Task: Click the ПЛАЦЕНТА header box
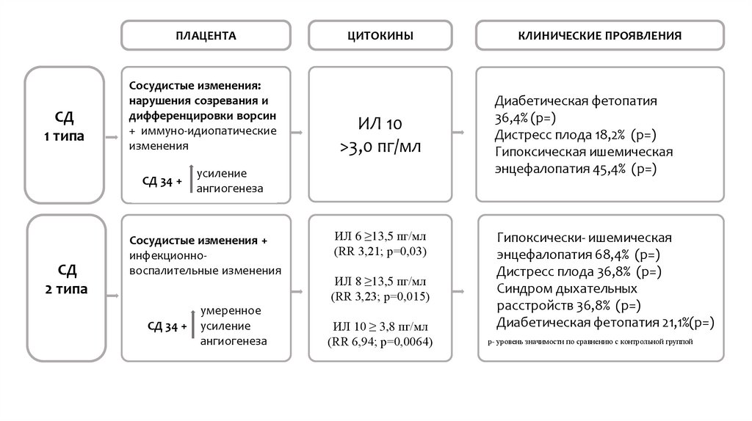pos(206,35)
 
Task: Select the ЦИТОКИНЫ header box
pos(380,35)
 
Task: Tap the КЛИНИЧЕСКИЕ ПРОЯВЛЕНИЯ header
pos(599,35)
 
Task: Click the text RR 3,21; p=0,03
pos(380,252)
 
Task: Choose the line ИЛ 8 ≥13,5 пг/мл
pos(380,282)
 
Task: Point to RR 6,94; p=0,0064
pos(380,343)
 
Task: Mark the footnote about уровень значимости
pos(590,342)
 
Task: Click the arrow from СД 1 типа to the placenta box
pos(112,135)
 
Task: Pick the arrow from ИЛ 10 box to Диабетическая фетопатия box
pos(458,133)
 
